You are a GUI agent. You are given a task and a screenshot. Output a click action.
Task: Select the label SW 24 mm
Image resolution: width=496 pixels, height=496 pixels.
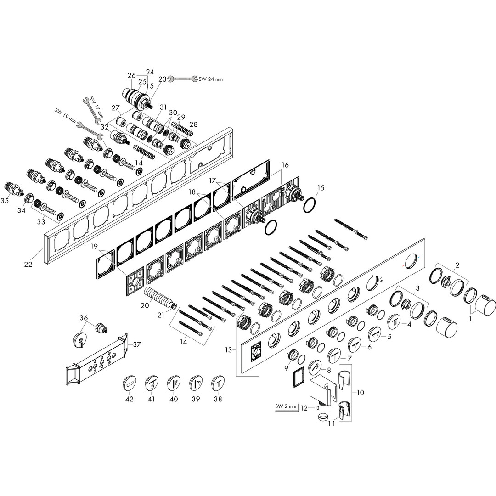point(211,79)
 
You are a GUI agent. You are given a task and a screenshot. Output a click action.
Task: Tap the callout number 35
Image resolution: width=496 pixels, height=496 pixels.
point(5,200)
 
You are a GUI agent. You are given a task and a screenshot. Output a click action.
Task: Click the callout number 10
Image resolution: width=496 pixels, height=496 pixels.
point(360,392)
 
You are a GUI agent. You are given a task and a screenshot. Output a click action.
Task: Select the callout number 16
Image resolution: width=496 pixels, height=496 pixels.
point(285,165)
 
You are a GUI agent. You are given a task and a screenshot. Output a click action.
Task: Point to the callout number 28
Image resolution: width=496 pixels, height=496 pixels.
point(193,124)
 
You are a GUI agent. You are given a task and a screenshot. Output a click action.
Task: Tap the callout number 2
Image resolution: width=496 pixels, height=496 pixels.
point(457,265)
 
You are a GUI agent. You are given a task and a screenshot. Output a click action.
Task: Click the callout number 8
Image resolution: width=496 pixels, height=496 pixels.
point(329,369)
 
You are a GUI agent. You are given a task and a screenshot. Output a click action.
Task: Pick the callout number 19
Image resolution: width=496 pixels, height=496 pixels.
point(94,246)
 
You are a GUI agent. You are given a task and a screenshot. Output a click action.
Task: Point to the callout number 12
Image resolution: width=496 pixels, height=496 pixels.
point(304,408)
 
